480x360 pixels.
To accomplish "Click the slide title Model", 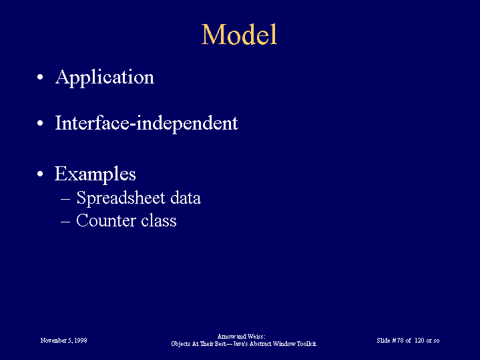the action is point(239,35).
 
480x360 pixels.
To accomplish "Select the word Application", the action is point(105,77).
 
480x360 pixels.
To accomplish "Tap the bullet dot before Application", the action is point(40,77).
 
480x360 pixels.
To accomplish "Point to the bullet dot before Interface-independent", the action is point(40,123).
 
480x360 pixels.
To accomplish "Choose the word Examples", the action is point(95,174).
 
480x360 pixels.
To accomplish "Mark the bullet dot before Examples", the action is point(40,174).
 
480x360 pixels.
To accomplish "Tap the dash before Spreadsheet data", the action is point(65,199).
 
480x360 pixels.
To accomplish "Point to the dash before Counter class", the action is point(65,222).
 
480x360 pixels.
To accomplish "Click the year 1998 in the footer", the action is point(80,341).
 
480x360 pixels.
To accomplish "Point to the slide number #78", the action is point(398,341).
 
